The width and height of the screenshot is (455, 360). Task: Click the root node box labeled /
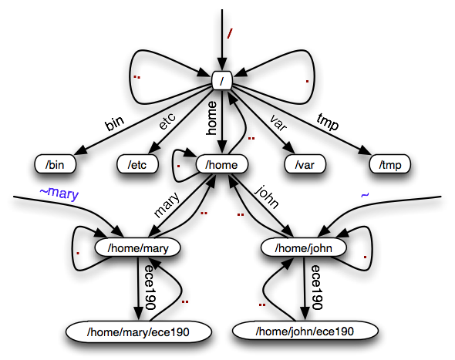point(222,80)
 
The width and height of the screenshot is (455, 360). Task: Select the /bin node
point(55,164)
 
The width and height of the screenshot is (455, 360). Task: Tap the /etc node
point(137,164)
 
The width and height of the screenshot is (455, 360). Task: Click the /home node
point(221,164)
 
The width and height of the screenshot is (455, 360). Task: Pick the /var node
point(305,164)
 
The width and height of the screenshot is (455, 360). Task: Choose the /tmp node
point(390,164)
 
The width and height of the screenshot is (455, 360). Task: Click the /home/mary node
point(138,247)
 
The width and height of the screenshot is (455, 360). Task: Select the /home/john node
point(304,247)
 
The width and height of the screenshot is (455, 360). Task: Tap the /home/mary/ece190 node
point(138,331)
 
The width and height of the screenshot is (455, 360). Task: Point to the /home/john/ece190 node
point(305,331)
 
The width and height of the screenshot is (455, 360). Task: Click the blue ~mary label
point(59,193)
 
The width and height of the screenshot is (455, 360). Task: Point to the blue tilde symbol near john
point(365,195)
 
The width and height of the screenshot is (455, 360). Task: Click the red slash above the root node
point(230,34)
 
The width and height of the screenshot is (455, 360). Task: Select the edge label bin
point(114,123)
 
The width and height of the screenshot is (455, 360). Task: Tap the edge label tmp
point(328,121)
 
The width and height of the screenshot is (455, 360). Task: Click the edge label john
point(267,197)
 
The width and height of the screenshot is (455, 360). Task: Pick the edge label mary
point(167,205)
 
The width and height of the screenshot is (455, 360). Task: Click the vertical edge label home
point(211,118)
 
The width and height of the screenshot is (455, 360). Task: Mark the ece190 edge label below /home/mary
point(150,288)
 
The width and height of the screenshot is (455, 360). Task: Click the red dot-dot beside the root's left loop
point(137,77)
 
